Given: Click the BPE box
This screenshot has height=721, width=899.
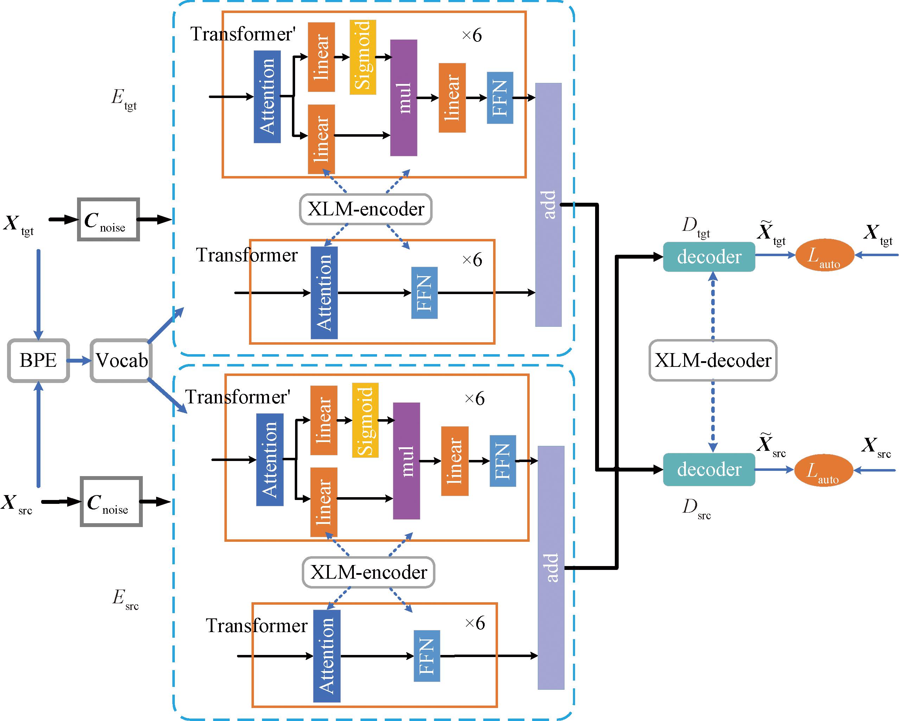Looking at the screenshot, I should point(38,360).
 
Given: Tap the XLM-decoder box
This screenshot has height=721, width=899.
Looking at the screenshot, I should point(713,360).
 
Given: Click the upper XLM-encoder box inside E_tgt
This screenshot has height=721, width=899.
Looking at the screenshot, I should point(366,209).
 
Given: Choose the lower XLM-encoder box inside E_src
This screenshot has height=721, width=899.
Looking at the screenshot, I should point(369,572).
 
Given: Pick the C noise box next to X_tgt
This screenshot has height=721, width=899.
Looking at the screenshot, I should point(108,220).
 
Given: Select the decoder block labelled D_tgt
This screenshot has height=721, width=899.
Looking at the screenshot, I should point(709,256).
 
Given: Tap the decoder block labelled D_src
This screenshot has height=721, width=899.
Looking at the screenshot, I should point(709,469).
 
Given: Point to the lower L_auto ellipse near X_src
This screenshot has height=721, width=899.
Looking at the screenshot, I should point(823,470).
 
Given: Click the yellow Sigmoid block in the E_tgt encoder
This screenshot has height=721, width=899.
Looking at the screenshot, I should point(363,57).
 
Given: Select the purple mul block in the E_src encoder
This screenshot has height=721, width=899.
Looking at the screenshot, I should point(407,461).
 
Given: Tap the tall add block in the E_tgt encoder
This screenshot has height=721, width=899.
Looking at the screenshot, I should point(548,204).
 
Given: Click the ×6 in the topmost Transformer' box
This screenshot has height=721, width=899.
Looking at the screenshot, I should point(472,35).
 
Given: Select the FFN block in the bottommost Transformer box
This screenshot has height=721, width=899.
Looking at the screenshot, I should point(427,656).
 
